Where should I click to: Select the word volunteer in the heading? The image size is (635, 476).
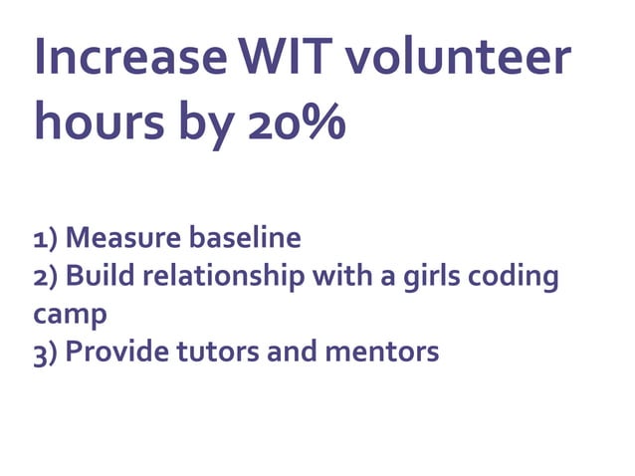point(460,59)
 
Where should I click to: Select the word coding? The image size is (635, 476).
point(518,277)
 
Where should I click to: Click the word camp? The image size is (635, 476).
point(70,315)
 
